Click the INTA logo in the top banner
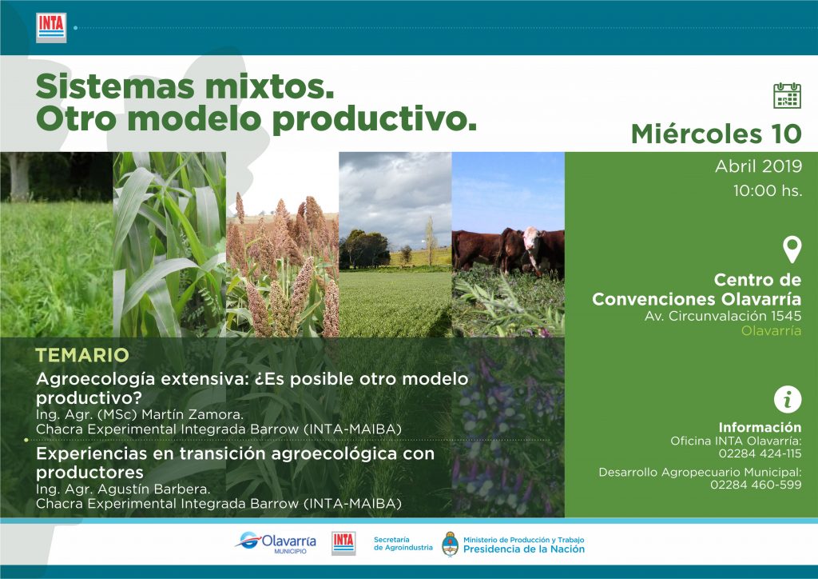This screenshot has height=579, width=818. coord(51,28)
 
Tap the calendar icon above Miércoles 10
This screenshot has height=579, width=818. coord(787,95)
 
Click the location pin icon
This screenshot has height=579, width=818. coord(792,249)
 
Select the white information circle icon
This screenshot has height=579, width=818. coord(787,400)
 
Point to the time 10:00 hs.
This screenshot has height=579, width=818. coord(768,190)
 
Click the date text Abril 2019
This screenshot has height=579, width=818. coord(759,166)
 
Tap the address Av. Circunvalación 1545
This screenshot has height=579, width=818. coord(723,316)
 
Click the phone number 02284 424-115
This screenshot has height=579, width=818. coord(760,453)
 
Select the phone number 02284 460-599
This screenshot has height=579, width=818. coord(756,485)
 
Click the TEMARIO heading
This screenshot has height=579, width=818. coord(82,356)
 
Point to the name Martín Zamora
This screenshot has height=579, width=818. coord(193,415)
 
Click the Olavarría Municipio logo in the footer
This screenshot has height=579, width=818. coord(276,543)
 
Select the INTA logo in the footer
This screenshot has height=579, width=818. coord(343,543)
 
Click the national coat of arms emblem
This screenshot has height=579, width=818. coord(450,544)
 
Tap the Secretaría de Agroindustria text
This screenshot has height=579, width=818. coord(403,544)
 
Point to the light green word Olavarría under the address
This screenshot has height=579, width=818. coord(771,330)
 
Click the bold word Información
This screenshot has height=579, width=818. coord(760,427)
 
